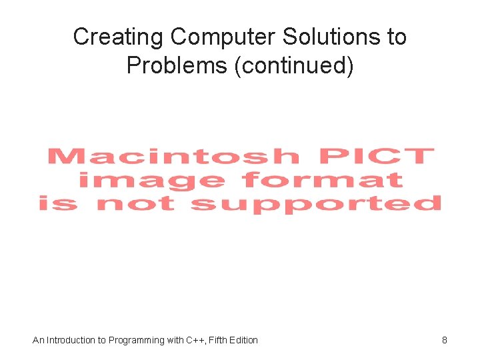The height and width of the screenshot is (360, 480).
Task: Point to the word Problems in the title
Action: [x=177, y=66]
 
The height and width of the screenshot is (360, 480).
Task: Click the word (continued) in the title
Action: [x=293, y=66]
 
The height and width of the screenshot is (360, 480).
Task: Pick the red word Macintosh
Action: [x=174, y=157]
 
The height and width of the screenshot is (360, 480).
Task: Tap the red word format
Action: [x=323, y=179]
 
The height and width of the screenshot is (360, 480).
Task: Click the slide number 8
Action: [x=445, y=340]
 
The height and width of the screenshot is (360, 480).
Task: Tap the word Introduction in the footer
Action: [x=71, y=340]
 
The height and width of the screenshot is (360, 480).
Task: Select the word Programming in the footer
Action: [x=137, y=340]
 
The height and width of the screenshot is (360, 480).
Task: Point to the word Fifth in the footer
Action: [x=218, y=340]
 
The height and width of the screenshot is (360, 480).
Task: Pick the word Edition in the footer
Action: [x=244, y=340]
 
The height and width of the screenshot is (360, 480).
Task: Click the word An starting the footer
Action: [x=38, y=340]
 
